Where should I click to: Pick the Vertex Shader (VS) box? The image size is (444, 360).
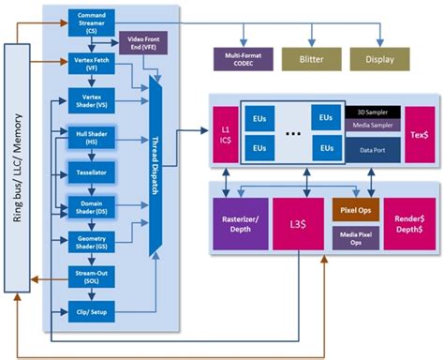[x=91, y=101]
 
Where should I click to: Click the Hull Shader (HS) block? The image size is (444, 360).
[x=91, y=141]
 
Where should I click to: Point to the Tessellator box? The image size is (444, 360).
[x=91, y=174]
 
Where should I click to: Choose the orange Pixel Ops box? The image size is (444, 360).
[x=354, y=209]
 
